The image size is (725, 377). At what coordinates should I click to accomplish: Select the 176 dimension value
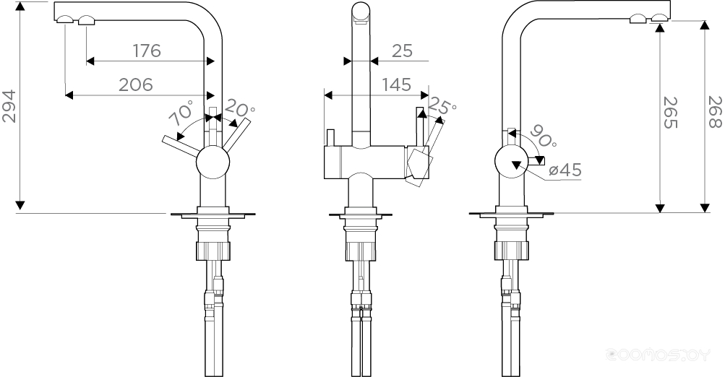click(x=147, y=51)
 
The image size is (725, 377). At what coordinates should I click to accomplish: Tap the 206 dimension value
click(x=135, y=84)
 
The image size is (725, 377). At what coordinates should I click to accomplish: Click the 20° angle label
click(x=239, y=109)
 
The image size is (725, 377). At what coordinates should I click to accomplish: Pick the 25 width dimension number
click(x=402, y=51)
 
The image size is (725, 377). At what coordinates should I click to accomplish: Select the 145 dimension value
click(x=397, y=84)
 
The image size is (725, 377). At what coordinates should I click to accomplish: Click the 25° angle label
click(x=442, y=105)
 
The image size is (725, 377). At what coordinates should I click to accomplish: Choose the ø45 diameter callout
click(x=565, y=170)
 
